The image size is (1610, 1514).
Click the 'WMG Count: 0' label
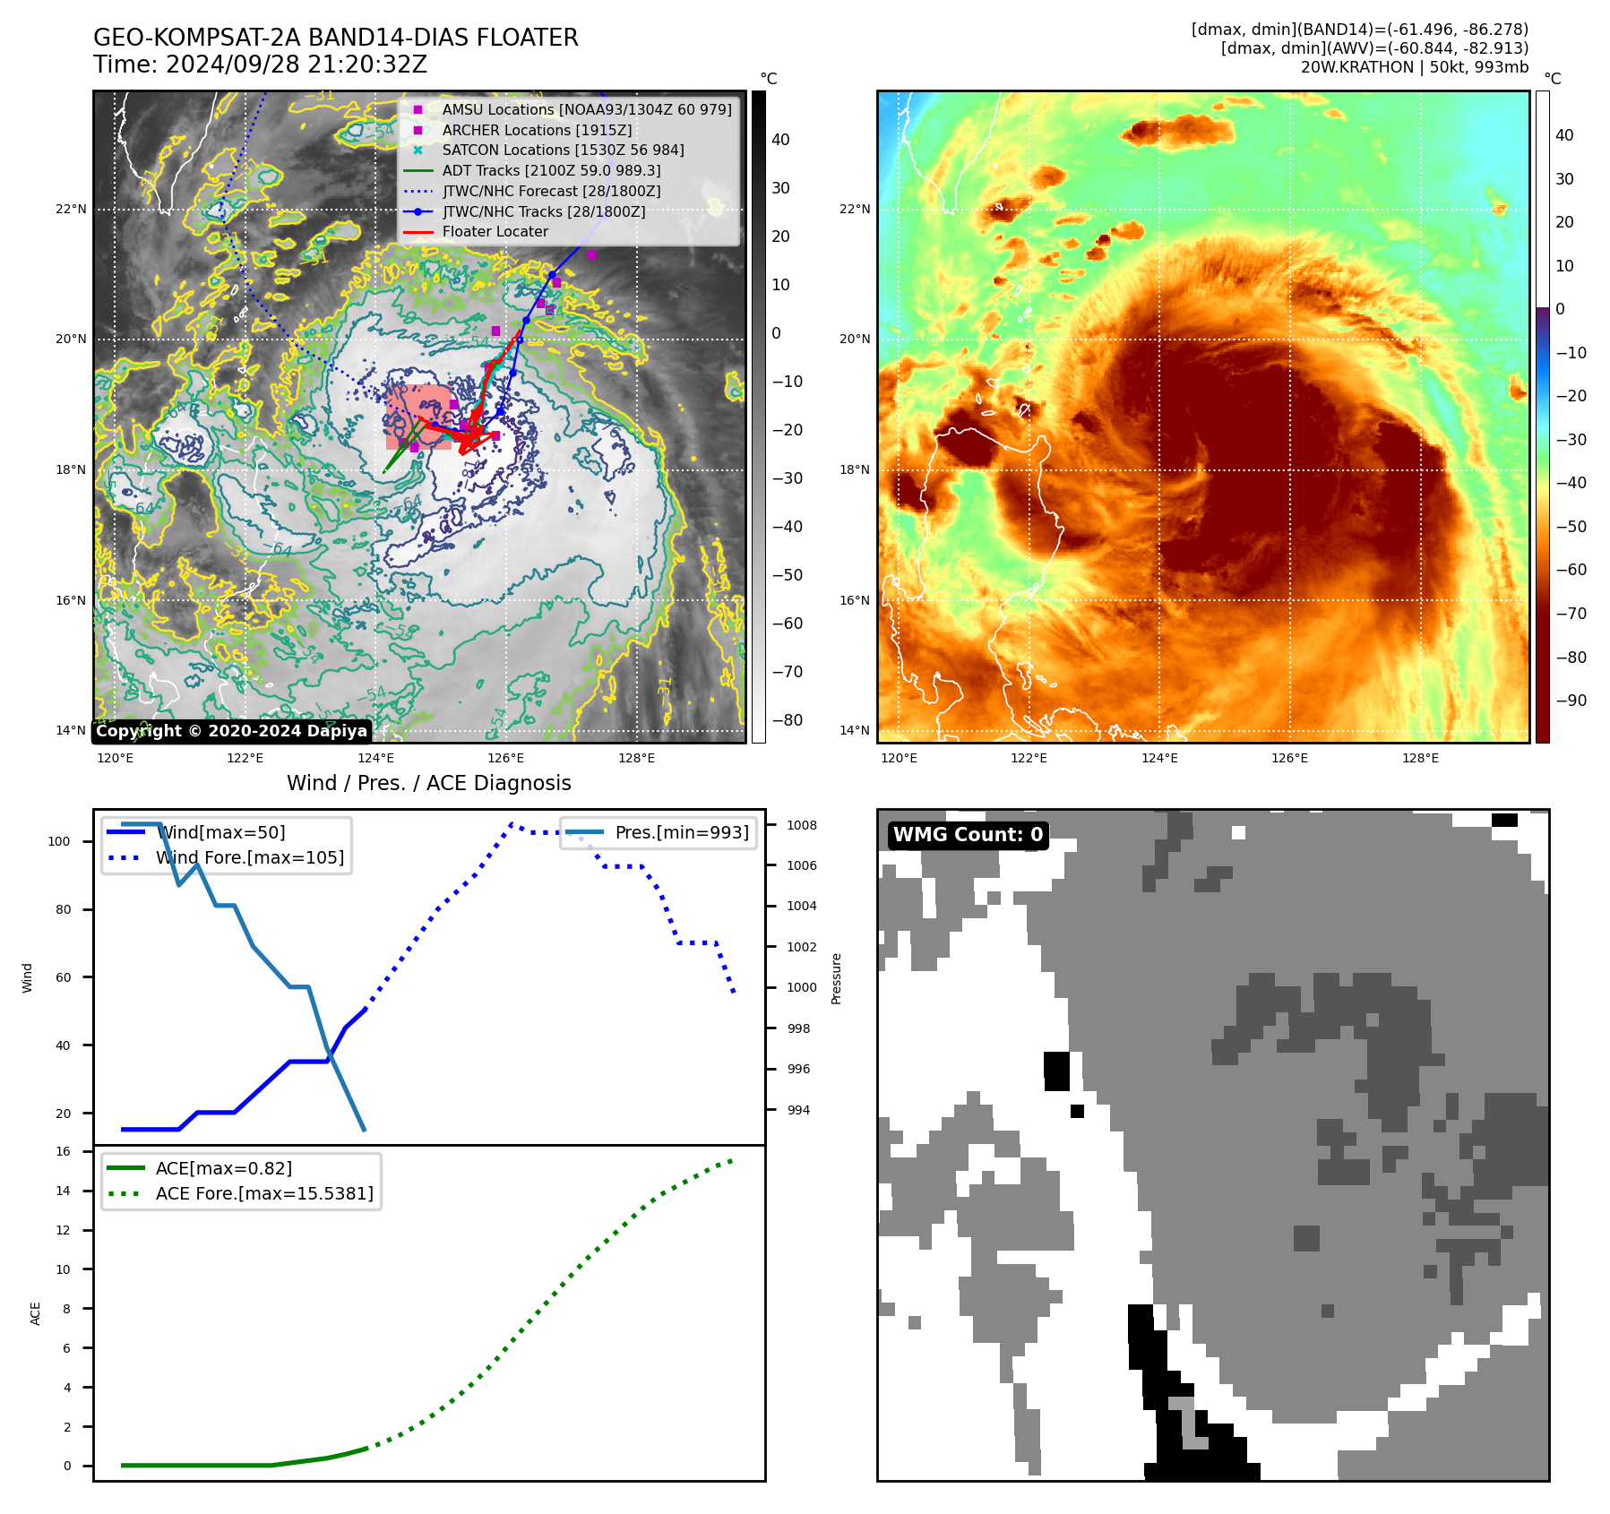point(968,835)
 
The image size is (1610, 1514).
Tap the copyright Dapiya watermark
point(231,731)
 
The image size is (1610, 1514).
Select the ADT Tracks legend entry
point(551,170)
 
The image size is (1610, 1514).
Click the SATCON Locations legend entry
point(563,150)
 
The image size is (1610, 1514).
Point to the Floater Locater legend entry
point(495,231)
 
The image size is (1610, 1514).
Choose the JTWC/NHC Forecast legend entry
point(551,191)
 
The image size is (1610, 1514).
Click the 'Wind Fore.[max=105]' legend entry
point(249,857)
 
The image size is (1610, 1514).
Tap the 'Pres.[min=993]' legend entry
point(681,832)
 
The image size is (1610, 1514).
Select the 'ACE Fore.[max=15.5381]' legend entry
point(264,1193)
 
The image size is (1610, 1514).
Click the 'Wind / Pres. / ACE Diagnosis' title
point(428,783)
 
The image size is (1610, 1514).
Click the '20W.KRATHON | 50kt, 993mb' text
point(1414,67)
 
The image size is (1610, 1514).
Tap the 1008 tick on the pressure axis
point(802,825)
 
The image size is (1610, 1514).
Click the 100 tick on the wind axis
point(59,841)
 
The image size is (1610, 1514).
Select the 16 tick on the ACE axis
point(63,1151)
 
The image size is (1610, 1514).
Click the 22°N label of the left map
point(71,210)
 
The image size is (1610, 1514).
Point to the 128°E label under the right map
point(1420,758)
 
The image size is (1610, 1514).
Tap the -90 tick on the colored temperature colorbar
point(1571,701)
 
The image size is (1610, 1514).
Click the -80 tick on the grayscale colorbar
point(787,720)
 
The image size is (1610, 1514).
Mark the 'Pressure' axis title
point(836,978)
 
